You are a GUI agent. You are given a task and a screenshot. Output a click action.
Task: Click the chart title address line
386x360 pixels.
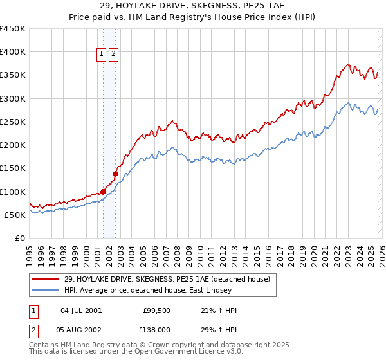pyautogui.click(x=193, y=5)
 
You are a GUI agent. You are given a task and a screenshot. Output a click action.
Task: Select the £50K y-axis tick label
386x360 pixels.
pyautogui.click(x=15, y=215)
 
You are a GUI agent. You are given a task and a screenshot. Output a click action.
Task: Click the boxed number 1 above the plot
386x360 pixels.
pyautogui.click(x=102, y=55)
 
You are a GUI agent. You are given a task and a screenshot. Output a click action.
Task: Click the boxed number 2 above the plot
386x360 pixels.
pyautogui.click(x=113, y=55)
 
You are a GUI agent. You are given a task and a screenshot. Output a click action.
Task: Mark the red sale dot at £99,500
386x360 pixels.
pyautogui.click(x=103, y=192)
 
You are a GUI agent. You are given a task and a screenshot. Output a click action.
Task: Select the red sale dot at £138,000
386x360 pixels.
pyautogui.click(x=115, y=174)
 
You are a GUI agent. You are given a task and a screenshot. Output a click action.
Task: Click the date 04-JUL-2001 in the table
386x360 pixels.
pyautogui.click(x=81, y=310)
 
